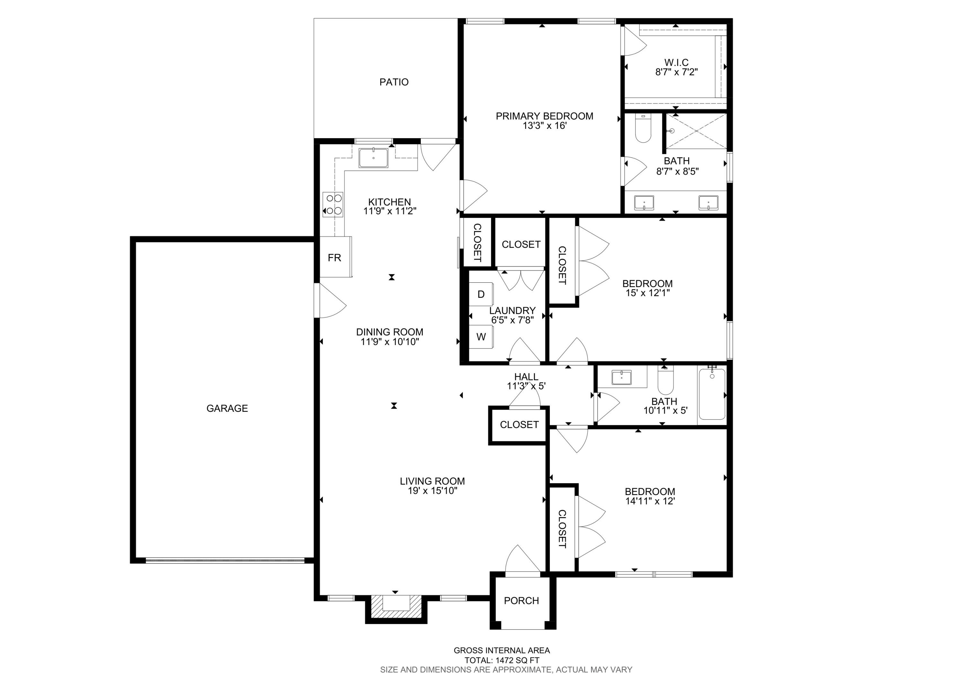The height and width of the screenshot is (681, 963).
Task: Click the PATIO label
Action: tap(394, 82)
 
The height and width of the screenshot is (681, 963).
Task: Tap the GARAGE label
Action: tap(227, 408)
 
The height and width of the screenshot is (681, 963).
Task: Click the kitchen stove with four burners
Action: tap(333, 204)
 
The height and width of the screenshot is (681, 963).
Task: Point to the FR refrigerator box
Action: tap(335, 257)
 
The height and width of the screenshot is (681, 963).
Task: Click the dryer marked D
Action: tap(481, 294)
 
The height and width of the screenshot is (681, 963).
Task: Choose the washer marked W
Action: tap(481, 337)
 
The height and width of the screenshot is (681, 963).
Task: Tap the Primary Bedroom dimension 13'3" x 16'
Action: tap(544, 126)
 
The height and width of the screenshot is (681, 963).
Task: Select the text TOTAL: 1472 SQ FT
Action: tap(502, 660)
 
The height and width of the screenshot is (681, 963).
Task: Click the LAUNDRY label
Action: tap(512, 311)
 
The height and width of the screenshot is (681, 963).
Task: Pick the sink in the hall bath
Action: tap(621, 377)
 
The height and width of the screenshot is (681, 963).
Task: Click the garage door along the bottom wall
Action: tap(225, 560)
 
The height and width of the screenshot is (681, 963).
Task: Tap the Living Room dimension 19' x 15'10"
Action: tap(432, 491)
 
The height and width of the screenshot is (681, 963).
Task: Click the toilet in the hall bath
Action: tap(665, 380)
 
